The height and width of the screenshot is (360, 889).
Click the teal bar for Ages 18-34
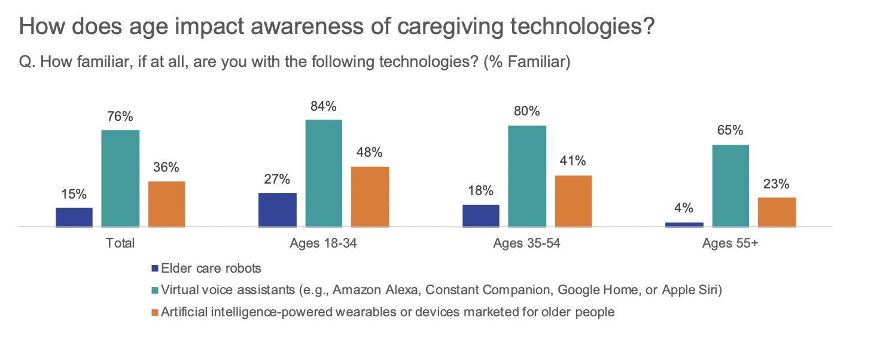tap(324, 173)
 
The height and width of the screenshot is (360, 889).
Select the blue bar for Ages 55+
tap(684, 225)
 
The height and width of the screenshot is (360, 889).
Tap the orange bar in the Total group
tap(166, 204)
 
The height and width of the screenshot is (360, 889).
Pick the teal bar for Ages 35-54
tap(527, 176)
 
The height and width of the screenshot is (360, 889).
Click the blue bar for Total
tap(74, 217)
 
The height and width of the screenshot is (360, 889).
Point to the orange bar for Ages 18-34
tap(370, 197)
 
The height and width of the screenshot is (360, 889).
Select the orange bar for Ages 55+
tap(777, 212)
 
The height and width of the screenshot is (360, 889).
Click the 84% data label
tap(324, 106)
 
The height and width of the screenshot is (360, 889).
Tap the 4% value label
tap(684, 208)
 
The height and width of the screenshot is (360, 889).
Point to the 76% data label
tap(120, 117)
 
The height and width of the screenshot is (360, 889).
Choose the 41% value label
tap(573, 161)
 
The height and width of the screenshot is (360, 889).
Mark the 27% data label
tap(278, 179)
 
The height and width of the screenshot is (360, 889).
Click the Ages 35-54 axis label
tap(526, 243)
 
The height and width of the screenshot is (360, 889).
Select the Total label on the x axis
tap(120, 243)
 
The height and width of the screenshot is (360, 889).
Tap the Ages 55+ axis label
tap(730, 243)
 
